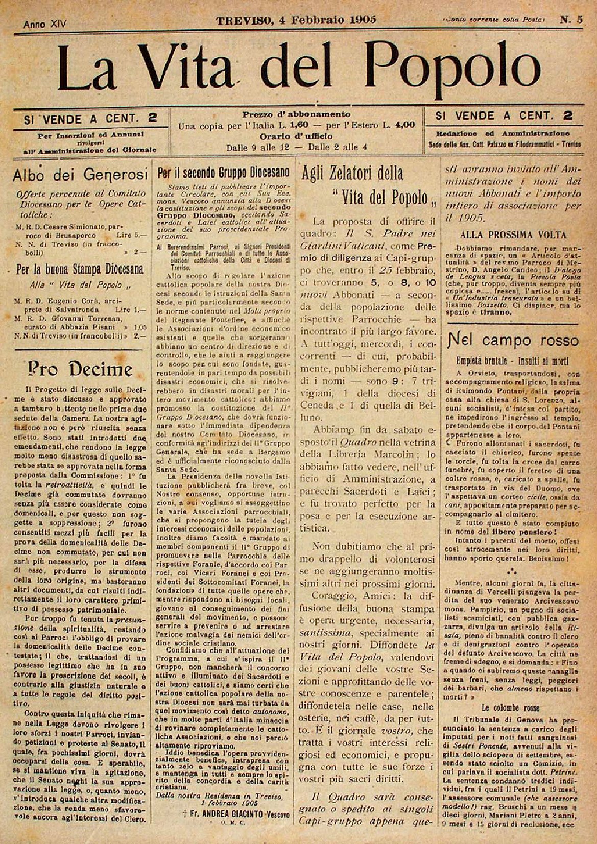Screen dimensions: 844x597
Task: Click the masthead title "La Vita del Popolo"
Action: click(x=298, y=66)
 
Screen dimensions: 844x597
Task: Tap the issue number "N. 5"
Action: click(x=571, y=20)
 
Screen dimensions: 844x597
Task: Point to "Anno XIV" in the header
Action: click(x=45, y=24)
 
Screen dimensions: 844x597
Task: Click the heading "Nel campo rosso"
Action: click(x=513, y=340)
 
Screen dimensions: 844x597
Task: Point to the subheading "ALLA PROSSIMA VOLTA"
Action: click(x=513, y=235)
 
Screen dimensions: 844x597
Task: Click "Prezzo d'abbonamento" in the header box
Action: click(x=297, y=114)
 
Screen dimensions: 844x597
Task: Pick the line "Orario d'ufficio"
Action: click(x=296, y=136)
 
